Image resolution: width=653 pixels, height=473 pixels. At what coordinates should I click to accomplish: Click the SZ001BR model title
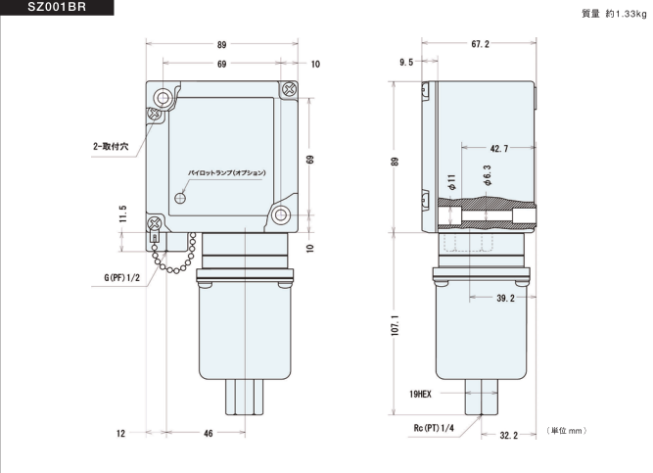click(57, 7)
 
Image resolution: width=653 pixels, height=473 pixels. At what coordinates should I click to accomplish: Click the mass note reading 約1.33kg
click(626, 14)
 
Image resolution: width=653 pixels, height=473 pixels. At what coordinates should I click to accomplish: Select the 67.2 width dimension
click(480, 44)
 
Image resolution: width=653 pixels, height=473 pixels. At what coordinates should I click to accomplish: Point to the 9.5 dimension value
click(406, 62)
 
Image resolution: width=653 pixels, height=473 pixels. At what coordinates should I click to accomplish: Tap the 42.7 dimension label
click(499, 148)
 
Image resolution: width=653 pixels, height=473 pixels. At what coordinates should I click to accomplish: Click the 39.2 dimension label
click(505, 298)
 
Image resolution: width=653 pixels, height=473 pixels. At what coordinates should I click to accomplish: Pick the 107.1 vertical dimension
click(396, 325)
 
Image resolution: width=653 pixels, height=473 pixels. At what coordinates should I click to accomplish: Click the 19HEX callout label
click(420, 394)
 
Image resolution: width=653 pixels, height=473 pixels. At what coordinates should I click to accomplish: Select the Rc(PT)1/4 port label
click(434, 428)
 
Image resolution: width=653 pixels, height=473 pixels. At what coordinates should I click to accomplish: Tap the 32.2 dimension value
click(508, 435)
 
